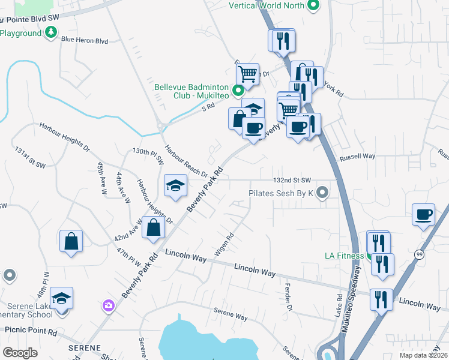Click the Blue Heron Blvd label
[x=85, y=41]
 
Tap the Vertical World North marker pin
[x=312, y=6]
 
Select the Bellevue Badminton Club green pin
[x=238, y=91]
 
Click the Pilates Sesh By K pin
[x=323, y=193]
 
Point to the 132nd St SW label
[x=292, y=180]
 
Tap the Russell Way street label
[x=357, y=156]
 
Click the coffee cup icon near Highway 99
[x=424, y=214]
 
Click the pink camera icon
[x=108, y=305]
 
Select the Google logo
[x=20, y=353]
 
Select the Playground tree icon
[x=52, y=32]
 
